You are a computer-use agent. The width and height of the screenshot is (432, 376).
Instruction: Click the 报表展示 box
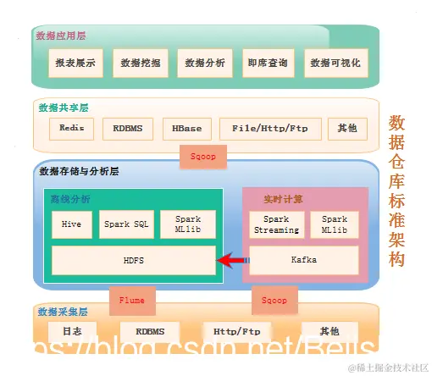pos(75,63)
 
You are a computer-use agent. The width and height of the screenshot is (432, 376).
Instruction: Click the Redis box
pos(71,128)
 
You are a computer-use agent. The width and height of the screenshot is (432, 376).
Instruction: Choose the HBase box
pos(186,128)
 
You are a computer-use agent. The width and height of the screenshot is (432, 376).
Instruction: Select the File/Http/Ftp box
pos(265,128)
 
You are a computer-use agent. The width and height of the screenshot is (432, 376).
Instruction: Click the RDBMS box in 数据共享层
pos(128,128)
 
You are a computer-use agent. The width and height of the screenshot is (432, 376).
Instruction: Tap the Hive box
pos(71,224)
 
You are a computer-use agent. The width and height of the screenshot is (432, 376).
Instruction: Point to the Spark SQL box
pos(127,224)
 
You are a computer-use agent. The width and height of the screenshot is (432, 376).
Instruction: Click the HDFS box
pos(133,260)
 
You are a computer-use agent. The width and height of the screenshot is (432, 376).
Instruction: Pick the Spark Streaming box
pos(276,224)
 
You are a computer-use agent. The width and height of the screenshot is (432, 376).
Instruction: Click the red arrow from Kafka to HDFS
pos(233,260)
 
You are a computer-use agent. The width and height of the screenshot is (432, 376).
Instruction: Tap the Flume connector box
pos(132,300)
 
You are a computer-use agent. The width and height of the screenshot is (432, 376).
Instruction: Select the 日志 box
pos(71,331)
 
